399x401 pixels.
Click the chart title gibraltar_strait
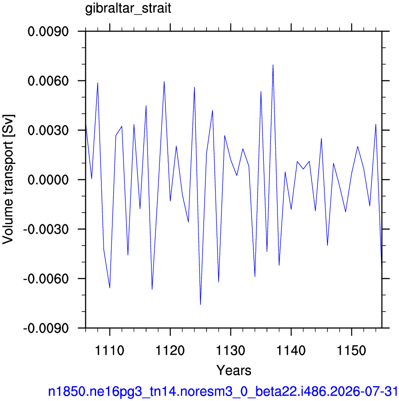128,9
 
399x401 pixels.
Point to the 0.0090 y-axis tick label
48,32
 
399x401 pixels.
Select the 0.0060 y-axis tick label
48,81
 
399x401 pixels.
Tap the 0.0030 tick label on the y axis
48,130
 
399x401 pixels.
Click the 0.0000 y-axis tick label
48,179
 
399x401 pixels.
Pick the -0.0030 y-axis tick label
46,229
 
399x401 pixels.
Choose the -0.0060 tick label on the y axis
46,278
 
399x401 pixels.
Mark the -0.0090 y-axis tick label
46,328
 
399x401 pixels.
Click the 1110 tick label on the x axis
109,350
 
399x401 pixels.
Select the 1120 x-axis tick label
170,350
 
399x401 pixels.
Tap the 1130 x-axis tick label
230,350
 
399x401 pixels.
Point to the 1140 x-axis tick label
291,350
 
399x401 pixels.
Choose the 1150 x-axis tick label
352,350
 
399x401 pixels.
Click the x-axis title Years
234,370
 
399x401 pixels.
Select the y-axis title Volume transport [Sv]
8,179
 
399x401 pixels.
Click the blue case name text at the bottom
223,391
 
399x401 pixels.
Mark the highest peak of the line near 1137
273,65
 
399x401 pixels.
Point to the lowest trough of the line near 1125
201,304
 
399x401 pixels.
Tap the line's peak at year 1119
164,81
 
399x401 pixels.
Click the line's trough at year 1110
110,288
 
